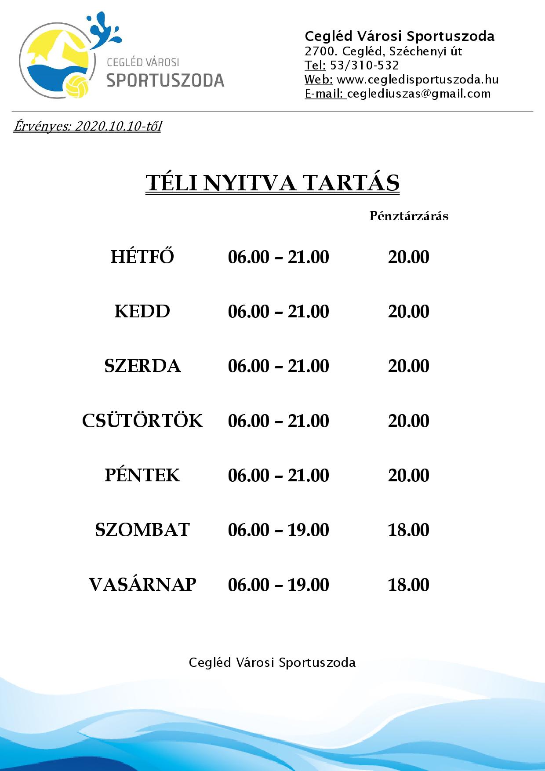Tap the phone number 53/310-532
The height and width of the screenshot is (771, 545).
[364, 65]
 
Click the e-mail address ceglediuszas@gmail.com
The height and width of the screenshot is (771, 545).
[419, 94]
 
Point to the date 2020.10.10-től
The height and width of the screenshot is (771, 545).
[118, 127]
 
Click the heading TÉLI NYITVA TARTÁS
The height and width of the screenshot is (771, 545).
[272, 183]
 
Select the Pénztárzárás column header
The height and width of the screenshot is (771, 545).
[409, 216]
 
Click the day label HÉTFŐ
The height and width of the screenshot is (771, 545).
[142, 257]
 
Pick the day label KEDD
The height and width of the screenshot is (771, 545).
[142, 311]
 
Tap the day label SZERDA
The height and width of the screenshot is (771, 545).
[142, 366]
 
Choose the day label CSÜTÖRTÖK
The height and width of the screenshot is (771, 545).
[142, 421]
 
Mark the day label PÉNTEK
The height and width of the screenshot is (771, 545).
[142, 475]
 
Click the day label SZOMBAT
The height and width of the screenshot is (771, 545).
[142, 530]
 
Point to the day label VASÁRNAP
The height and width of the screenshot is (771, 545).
[142, 585]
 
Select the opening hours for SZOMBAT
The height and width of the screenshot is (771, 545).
[278, 530]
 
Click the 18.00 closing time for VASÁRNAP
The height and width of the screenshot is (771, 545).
[408, 585]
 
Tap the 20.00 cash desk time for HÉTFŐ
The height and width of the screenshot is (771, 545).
[408, 257]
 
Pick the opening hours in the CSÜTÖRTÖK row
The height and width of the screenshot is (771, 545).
[278, 421]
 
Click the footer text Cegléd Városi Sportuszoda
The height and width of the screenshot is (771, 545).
[272, 662]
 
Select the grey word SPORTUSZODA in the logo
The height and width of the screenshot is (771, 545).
[166, 80]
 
